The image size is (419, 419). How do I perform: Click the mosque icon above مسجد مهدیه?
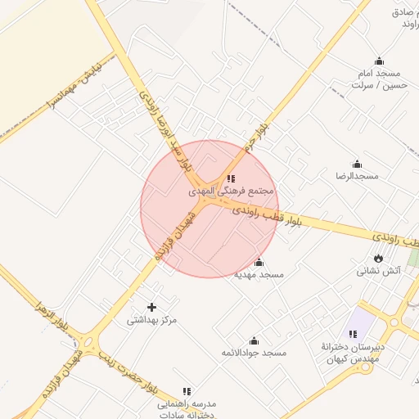coord(259,262)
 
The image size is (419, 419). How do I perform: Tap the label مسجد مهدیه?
coord(259,275)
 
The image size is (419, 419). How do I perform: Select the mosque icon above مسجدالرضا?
coord(357,164)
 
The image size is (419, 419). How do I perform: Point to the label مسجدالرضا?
coord(357,176)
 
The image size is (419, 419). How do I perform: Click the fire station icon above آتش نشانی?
coord(378,258)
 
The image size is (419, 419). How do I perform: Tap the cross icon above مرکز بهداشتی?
coord(151,307)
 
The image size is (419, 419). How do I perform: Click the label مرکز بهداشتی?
coord(151,320)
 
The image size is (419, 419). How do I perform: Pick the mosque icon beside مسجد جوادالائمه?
coord(254,340)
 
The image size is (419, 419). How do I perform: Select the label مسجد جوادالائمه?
coord(255,353)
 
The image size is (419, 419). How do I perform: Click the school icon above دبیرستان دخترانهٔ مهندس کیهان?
coord(353,334)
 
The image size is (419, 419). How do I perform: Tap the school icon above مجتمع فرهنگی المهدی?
coord(232,178)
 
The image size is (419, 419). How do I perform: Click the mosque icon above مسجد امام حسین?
coord(378,61)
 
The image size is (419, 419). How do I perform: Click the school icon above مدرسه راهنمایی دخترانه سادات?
coord(187,391)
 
